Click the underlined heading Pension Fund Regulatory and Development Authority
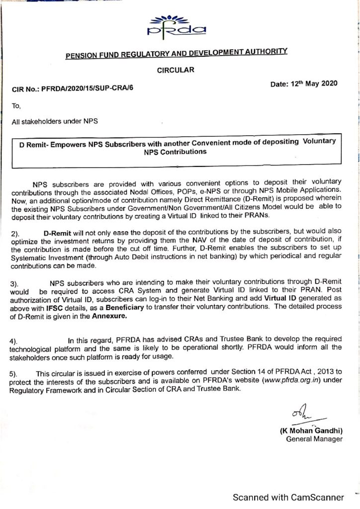177,54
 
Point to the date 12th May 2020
304,84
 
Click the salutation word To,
17,105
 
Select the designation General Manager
314,439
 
